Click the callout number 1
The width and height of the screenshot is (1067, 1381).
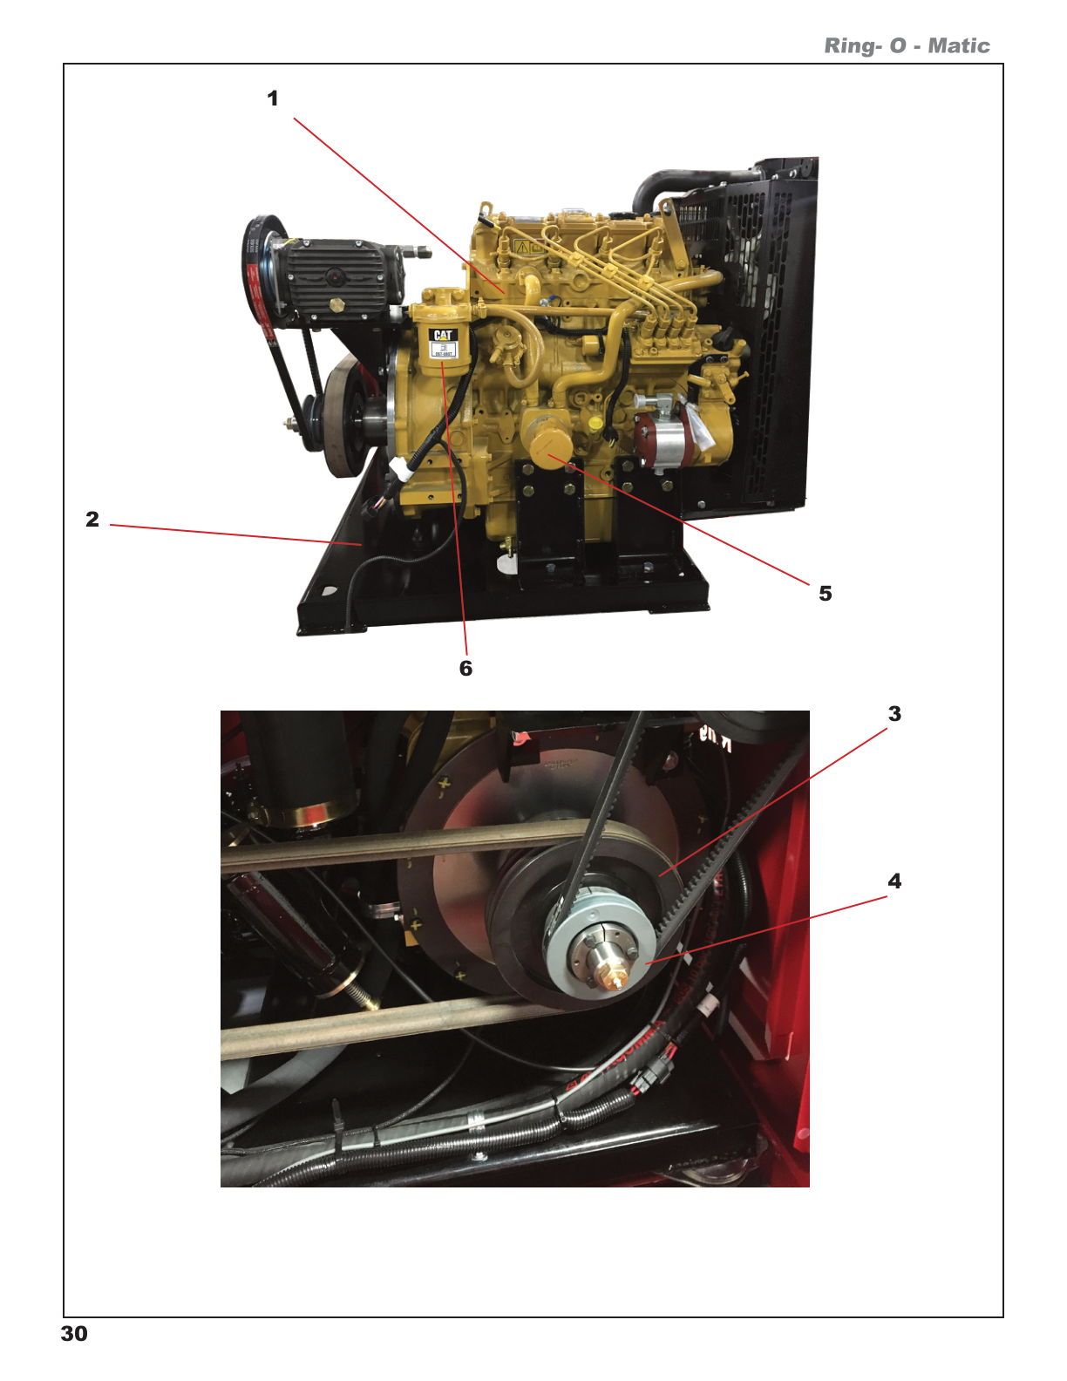pyautogui.click(x=273, y=99)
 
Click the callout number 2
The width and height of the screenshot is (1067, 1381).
pyautogui.click(x=92, y=520)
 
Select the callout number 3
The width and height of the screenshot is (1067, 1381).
pyautogui.click(x=894, y=714)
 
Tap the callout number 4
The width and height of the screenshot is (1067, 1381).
pyautogui.click(x=894, y=881)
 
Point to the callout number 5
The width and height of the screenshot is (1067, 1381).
pyautogui.click(x=826, y=594)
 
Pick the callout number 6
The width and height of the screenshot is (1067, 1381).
pyautogui.click(x=466, y=669)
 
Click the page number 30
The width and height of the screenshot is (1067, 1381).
pyautogui.click(x=74, y=1334)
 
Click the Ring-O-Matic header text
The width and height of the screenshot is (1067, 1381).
pyautogui.click(x=907, y=46)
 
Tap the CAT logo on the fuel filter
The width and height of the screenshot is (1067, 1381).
pyautogui.click(x=444, y=335)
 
